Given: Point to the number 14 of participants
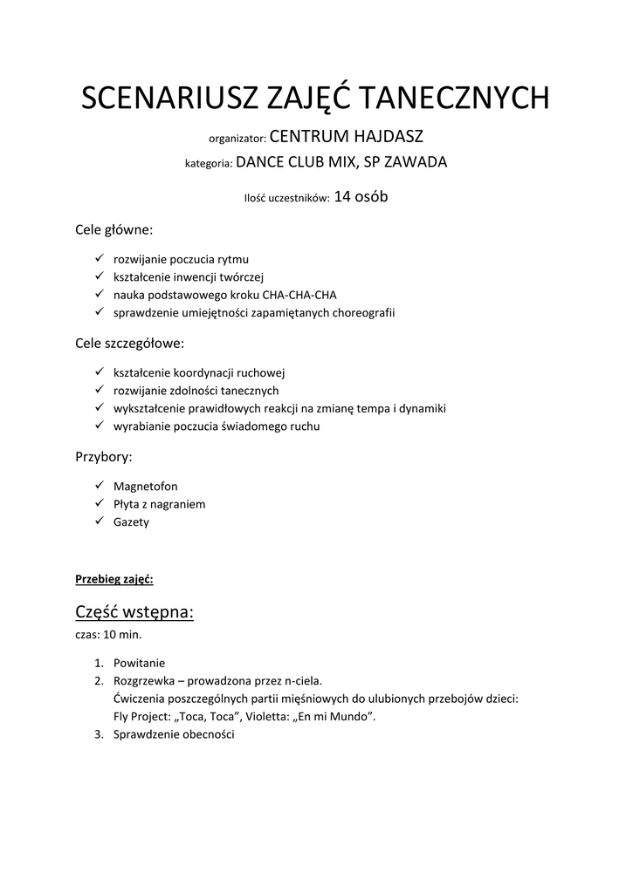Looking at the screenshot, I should [342, 197].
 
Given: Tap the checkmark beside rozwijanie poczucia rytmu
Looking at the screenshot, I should [98, 259].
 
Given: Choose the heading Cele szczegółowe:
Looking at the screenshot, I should [130, 344].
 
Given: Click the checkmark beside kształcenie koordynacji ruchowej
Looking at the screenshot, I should [98, 372].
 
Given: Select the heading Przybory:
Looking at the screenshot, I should [104, 457].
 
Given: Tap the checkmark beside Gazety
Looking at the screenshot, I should [98, 521].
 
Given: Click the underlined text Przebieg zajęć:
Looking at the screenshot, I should [114, 578].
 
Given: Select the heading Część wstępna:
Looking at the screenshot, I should [134, 612].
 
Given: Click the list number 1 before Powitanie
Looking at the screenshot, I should [99, 662].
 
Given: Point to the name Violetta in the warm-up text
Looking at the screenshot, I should [249, 717].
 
